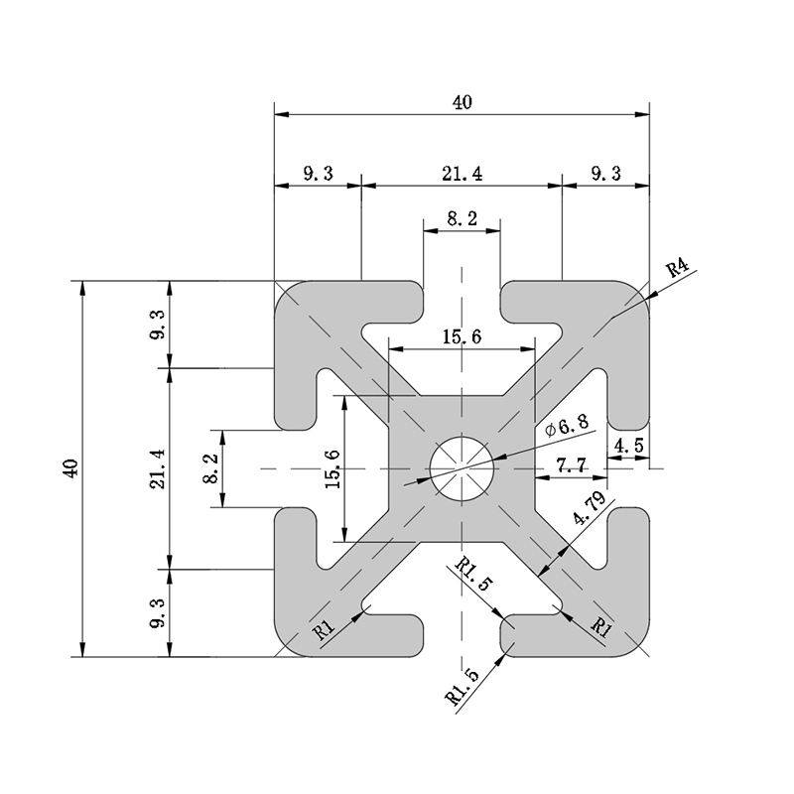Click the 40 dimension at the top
point(462,101)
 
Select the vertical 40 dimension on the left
point(69,468)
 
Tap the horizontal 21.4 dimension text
point(462,174)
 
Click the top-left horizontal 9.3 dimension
point(318,174)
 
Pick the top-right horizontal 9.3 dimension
point(605,174)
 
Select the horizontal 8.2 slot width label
point(462,219)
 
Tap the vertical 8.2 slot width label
point(208,468)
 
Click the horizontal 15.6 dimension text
point(462,337)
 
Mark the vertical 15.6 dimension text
point(332,468)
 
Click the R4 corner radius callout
point(677,267)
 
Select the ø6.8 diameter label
point(567,427)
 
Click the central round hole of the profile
point(462,468)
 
